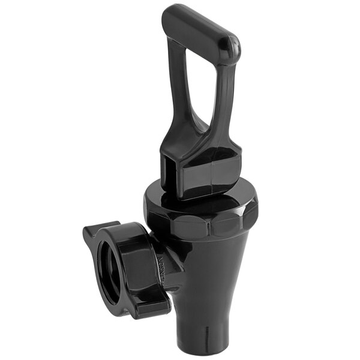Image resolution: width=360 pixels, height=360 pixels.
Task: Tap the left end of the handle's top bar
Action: coord(172,14)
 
